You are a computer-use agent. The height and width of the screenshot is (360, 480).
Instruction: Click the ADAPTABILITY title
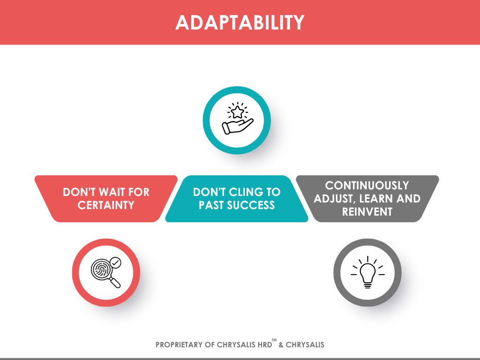click(x=240, y=22)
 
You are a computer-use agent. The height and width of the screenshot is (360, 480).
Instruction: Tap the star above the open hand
click(x=237, y=112)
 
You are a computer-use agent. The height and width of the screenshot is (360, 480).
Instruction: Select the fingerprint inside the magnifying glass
click(x=101, y=270)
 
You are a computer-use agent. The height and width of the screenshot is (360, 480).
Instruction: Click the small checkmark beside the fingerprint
click(x=115, y=262)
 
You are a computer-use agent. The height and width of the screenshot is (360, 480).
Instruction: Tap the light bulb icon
click(x=367, y=272)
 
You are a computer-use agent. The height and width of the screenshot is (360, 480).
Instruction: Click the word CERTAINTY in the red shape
click(x=106, y=205)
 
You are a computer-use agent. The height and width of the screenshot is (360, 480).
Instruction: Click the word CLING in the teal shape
click(x=246, y=192)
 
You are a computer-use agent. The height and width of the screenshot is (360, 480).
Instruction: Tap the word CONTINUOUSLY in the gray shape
click(x=367, y=186)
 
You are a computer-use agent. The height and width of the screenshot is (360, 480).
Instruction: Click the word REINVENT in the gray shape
click(x=367, y=212)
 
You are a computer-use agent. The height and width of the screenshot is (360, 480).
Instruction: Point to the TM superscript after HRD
click(x=274, y=340)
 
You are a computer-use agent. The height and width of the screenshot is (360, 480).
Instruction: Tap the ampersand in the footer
click(x=281, y=345)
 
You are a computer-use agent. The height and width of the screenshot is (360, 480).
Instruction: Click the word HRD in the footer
click(x=265, y=345)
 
